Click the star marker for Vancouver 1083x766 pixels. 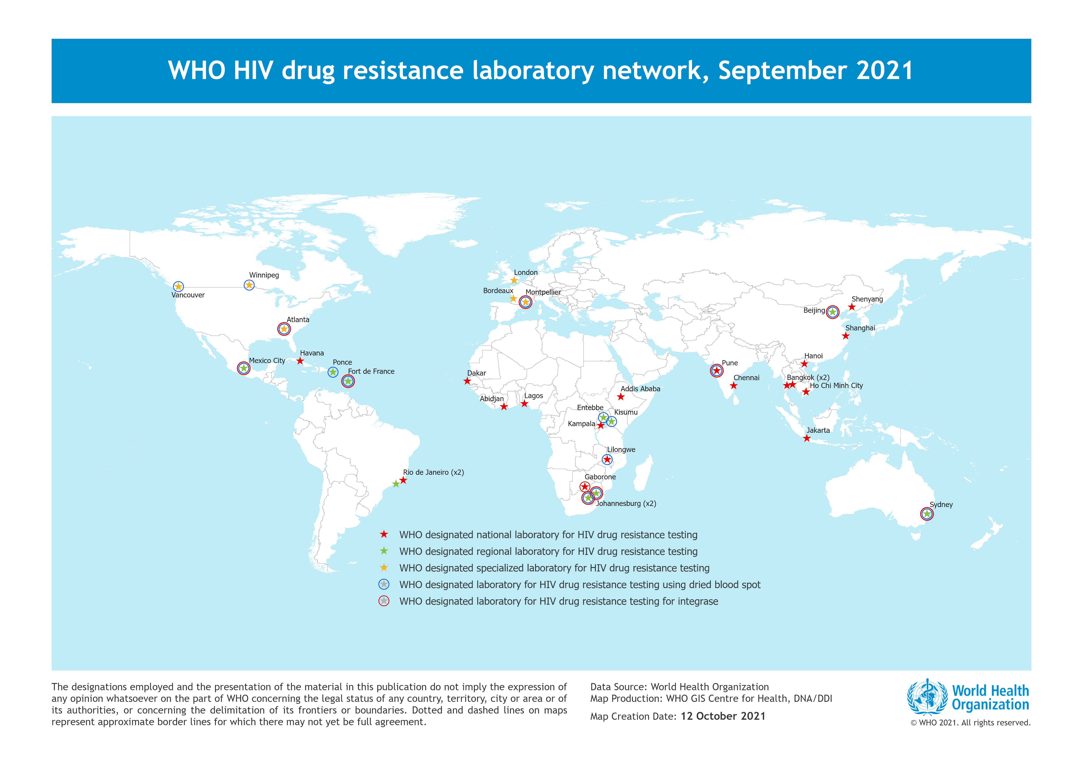pos(178,286)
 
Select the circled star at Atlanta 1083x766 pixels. pos(284,329)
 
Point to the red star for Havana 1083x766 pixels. pos(300,361)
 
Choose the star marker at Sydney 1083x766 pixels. pos(927,514)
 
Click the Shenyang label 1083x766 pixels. pos(867,299)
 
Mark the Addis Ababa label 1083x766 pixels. pos(640,389)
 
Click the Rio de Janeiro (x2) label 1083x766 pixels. pos(433,472)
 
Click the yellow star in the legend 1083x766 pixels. pos(384,568)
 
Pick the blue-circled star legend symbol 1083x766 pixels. pos(384,584)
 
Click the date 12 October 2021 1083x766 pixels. pos(723,716)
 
